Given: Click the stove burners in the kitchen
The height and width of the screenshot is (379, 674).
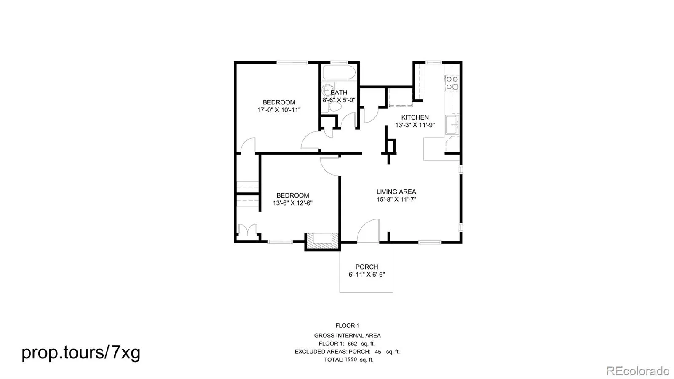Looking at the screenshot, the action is (452, 83).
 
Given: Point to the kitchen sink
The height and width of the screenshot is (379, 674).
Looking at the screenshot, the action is (452, 125).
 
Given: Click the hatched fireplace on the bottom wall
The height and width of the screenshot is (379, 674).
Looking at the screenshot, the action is (323, 242).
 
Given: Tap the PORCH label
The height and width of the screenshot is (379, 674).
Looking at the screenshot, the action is (366, 267).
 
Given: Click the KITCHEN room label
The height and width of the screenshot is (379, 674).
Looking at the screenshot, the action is (415, 117).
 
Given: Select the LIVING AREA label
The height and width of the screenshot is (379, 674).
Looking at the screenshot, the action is (396, 192).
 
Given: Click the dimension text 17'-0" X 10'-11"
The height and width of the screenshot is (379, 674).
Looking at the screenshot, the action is (279, 110).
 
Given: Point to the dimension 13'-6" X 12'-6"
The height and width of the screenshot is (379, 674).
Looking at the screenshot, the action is (292, 203).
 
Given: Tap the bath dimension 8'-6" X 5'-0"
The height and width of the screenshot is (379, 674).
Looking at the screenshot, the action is (339, 100).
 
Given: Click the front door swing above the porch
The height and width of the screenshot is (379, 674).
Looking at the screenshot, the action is (368, 231).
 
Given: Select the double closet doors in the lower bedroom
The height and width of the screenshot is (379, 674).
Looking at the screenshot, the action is (247, 230).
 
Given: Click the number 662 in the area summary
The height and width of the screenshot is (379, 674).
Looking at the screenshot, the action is (352, 344).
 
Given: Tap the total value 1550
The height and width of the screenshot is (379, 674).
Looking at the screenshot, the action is (350, 360).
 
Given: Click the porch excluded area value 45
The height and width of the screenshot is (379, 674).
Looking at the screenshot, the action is (378, 352).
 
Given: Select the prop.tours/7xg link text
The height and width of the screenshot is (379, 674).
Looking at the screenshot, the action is (81, 352).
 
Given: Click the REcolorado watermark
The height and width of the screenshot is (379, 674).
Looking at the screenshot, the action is (638, 371).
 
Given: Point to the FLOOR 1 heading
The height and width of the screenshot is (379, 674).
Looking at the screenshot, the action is (347, 326).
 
